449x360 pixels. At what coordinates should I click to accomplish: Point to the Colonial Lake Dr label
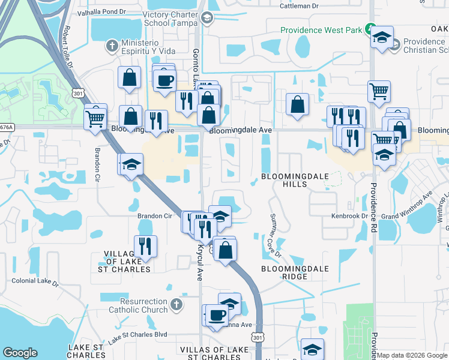37,280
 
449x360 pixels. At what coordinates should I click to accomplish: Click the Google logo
20,353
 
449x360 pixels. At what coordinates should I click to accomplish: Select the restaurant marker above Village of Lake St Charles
145,245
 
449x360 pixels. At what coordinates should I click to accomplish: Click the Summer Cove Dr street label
275,235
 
